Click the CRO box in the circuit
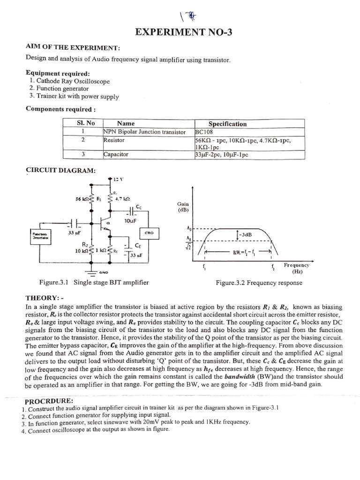(149, 232)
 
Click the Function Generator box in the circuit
(42, 235)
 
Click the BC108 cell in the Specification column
(204, 132)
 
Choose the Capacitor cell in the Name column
(116, 154)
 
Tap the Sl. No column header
(82, 124)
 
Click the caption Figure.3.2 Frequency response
(259, 283)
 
